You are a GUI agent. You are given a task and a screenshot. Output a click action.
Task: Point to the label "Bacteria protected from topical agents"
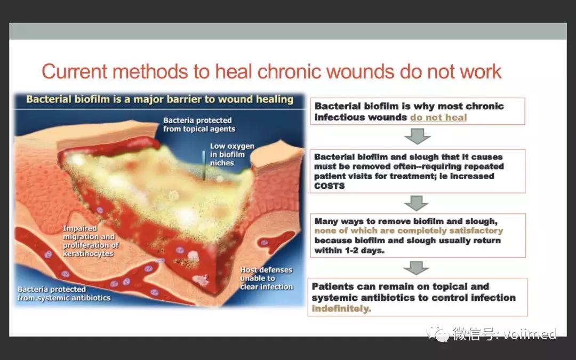(199, 124)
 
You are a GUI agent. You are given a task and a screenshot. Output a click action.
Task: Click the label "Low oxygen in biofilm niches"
(232, 154)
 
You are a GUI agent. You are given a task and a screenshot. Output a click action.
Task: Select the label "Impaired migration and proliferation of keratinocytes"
(90, 241)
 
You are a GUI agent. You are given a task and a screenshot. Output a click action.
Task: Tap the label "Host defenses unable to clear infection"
(266, 278)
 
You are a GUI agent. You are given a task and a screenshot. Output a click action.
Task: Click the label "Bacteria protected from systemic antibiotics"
(64, 293)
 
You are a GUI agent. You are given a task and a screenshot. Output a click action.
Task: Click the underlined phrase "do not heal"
(438, 117)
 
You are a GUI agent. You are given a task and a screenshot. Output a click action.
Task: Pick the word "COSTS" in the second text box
(329, 186)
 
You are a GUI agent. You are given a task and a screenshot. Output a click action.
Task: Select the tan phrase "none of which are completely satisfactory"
(409, 231)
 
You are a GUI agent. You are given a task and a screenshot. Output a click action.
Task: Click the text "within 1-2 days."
(349, 251)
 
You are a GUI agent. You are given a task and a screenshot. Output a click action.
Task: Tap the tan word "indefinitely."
(341, 309)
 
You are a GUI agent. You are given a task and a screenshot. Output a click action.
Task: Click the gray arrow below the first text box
(417, 136)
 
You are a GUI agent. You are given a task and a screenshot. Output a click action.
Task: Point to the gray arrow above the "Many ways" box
(416, 203)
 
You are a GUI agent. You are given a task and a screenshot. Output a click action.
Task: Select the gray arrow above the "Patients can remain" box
(416, 268)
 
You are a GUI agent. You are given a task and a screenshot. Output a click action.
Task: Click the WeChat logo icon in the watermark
(438, 333)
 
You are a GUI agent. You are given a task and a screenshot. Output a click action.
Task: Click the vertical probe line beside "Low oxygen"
(204, 165)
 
